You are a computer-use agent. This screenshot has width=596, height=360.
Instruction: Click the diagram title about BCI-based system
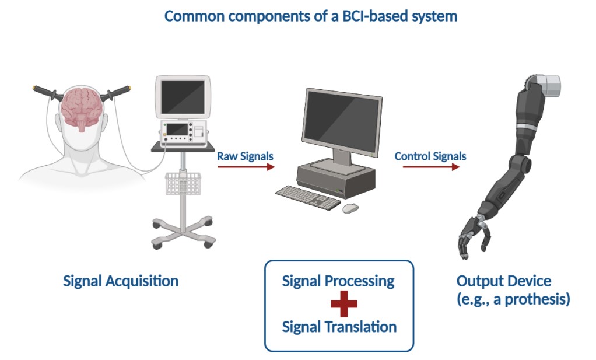click(x=310, y=16)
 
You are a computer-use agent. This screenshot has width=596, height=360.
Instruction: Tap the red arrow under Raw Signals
click(x=246, y=167)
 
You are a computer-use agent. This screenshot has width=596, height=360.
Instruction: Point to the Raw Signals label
click(x=245, y=156)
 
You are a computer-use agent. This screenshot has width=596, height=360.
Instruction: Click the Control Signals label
click(x=430, y=156)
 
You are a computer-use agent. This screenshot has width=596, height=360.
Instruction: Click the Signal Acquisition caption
click(x=121, y=281)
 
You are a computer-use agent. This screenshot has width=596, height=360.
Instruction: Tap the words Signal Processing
click(x=338, y=281)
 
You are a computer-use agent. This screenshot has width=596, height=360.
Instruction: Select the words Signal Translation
click(x=339, y=326)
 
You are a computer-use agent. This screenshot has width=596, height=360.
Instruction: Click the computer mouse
click(x=350, y=208)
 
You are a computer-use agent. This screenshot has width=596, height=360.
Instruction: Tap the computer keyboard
click(x=308, y=197)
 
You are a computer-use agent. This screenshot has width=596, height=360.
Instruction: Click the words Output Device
click(x=503, y=281)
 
